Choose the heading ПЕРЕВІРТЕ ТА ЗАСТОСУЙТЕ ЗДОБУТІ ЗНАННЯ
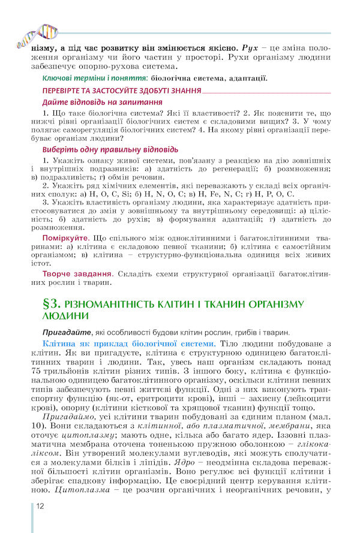click(121, 91)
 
